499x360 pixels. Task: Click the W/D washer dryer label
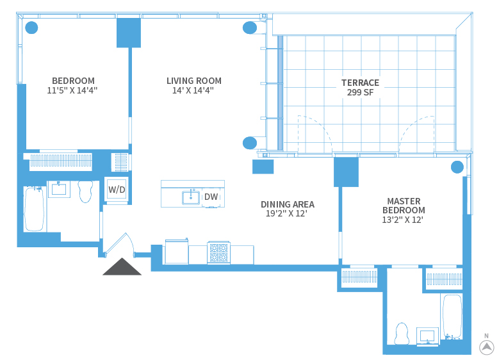(117, 190)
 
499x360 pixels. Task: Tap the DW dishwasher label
(211, 197)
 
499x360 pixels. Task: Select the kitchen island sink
(191, 197)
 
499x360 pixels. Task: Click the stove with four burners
(218, 252)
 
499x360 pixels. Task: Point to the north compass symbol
(487, 347)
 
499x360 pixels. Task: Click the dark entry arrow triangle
(122, 266)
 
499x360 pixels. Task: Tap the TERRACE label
(360, 83)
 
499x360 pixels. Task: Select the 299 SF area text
(360, 92)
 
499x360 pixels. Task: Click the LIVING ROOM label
(193, 81)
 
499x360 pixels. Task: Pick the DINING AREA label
(287, 204)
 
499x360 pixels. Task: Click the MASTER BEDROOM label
(404, 205)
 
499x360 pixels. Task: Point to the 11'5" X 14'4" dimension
(72, 90)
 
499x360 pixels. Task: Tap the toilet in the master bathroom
(402, 334)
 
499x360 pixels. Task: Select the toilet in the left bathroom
(85, 191)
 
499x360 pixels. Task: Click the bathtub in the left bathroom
(34, 208)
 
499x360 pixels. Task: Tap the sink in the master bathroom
(427, 336)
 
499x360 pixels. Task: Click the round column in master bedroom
(457, 167)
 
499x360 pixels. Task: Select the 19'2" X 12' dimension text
(287, 214)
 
